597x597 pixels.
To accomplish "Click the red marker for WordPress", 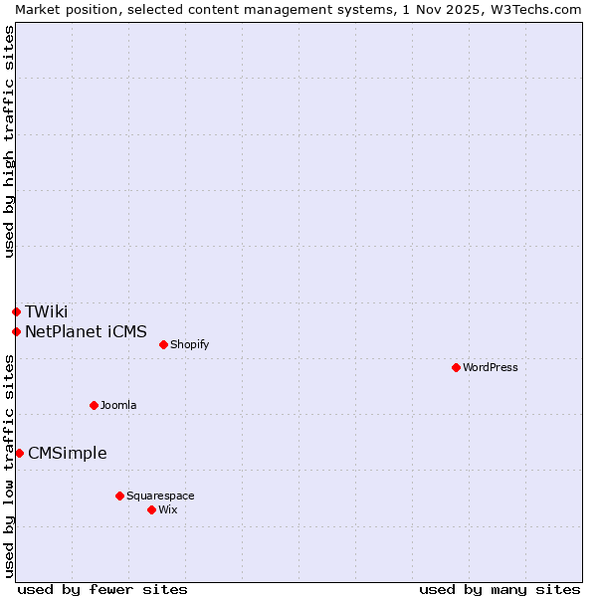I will (456, 367).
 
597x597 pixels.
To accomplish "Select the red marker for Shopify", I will (163, 344).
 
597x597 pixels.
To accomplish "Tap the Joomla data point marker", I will (94, 405).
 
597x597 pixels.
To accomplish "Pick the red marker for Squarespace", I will (119, 496).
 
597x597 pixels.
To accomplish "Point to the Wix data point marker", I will (151, 509).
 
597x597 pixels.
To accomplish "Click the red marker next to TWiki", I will (16, 311).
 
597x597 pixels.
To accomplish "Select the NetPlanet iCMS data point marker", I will (16, 331).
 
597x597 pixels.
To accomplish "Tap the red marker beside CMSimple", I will (19, 453).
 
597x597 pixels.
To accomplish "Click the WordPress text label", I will (491, 367).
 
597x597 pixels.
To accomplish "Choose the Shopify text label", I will (189, 344).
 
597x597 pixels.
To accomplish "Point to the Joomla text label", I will (118, 405).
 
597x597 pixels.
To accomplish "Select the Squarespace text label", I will (160, 496).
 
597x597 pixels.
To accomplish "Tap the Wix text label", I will (168, 509).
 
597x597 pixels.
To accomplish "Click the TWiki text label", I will (47, 311).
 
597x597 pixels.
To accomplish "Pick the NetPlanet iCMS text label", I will (86, 331).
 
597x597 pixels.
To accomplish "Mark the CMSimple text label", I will (68, 453).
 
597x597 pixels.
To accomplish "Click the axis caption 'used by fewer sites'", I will (102, 589).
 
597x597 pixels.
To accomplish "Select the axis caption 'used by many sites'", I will (499, 589).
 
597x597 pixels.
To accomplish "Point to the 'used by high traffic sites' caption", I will (9, 141).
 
